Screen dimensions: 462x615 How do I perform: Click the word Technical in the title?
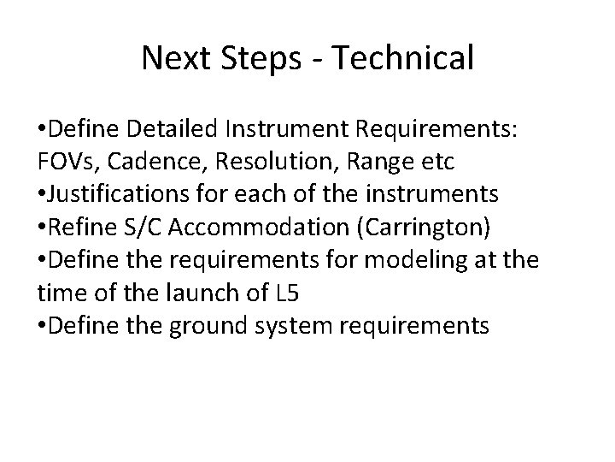click(402, 58)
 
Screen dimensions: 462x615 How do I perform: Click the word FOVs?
click(69, 163)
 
